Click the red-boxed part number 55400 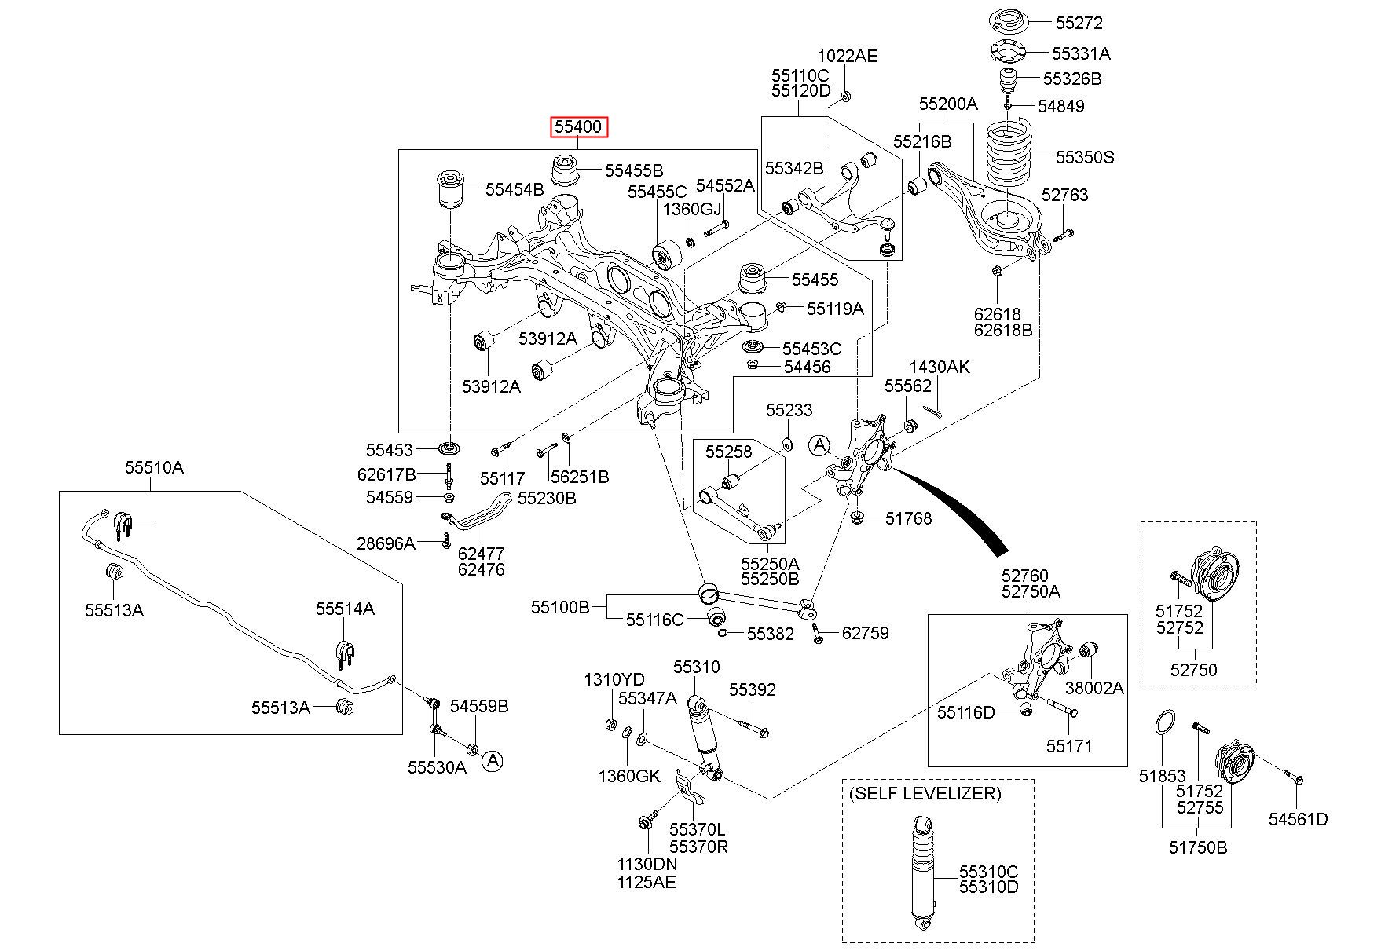click(x=579, y=126)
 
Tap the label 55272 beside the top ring click(x=1079, y=23)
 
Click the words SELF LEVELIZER click(x=925, y=793)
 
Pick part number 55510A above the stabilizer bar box click(x=154, y=468)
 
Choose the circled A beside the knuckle click(x=819, y=445)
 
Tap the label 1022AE click(x=848, y=56)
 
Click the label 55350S click(x=1085, y=157)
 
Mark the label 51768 click(x=909, y=518)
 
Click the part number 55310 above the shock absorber click(x=696, y=667)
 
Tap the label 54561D click(x=1298, y=819)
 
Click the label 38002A click(x=1094, y=688)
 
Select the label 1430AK click(x=940, y=367)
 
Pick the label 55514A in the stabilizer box click(x=346, y=609)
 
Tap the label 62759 click(x=866, y=633)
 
